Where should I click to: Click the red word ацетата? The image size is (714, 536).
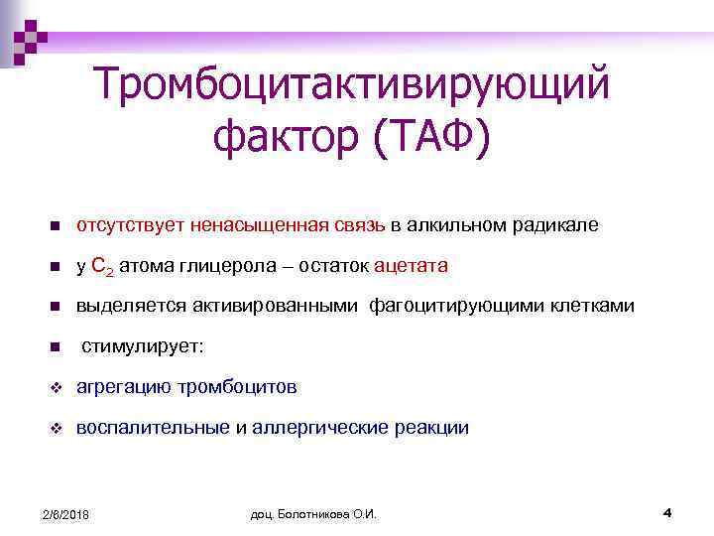coord(412,266)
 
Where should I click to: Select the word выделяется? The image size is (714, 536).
coord(125,306)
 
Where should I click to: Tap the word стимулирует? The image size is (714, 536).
coord(142,346)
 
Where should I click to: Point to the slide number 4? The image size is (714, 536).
coord(667,512)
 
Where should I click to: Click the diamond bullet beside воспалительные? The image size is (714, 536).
coord(57,428)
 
